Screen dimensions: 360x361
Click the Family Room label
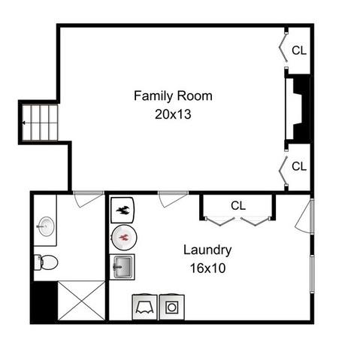[173, 96]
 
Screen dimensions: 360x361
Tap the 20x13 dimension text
[173, 114]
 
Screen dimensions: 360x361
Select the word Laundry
[207, 250]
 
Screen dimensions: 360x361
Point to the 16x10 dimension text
[207, 268]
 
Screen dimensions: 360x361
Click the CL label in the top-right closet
[299, 50]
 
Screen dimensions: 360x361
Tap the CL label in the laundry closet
[238, 205]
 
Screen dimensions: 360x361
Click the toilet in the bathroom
[46, 262]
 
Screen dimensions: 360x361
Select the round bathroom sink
[46, 226]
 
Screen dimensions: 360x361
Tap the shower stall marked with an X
[81, 300]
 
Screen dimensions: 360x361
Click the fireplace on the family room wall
[298, 108]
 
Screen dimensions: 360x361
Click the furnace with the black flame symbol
[123, 210]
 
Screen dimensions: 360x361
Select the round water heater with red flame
[124, 237]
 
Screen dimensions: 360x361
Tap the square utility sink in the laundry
[122, 267]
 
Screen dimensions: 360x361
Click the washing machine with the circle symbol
[172, 308]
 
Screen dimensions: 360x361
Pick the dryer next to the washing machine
[144, 308]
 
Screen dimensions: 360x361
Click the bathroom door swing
[88, 199]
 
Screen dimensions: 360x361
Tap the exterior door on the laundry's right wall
[304, 216]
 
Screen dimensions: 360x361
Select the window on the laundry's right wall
[312, 274]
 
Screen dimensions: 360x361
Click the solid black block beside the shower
[45, 301]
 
